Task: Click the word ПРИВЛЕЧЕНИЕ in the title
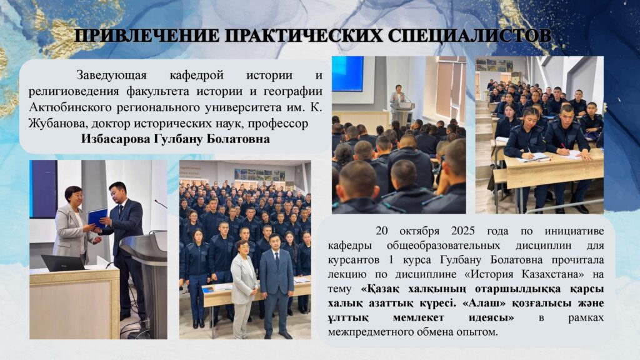click(x=147, y=36)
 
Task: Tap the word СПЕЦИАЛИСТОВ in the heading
click(x=470, y=36)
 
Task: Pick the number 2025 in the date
click(x=463, y=231)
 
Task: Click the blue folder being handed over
click(x=97, y=217)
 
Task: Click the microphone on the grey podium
click(x=161, y=204)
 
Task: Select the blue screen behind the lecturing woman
click(x=347, y=74)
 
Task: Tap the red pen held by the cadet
click(x=562, y=145)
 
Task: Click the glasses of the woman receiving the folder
click(x=77, y=196)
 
